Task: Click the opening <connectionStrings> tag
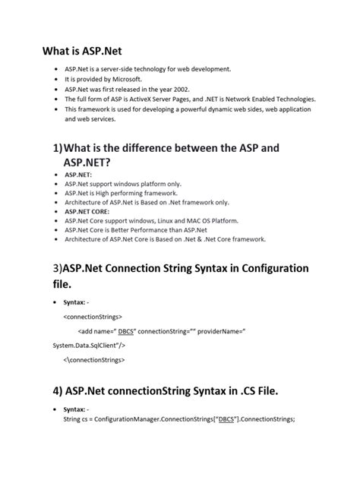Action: (x=93, y=316)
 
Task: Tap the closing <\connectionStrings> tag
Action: (x=94, y=358)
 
